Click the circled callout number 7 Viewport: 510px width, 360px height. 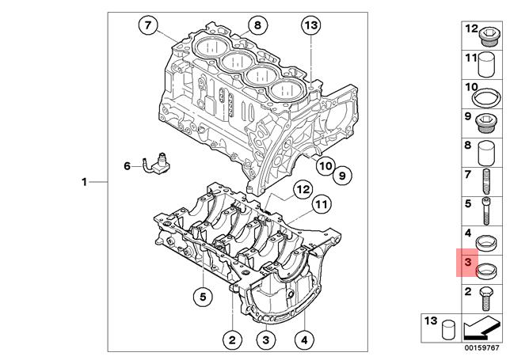tap(147, 26)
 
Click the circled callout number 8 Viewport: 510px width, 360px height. tap(256, 26)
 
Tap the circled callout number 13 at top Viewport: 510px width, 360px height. tap(311, 26)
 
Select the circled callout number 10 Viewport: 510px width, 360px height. tap(325, 166)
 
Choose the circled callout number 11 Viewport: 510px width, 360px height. tap(320, 206)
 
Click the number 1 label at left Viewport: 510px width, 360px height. tap(84, 183)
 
